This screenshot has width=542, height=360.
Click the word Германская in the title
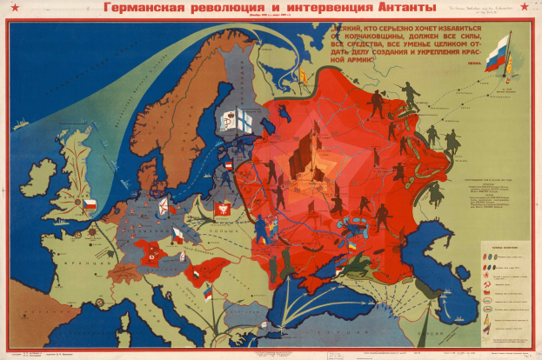[143, 9]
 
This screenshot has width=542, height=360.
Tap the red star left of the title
[11, 10]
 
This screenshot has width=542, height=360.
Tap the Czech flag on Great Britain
[89, 203]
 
